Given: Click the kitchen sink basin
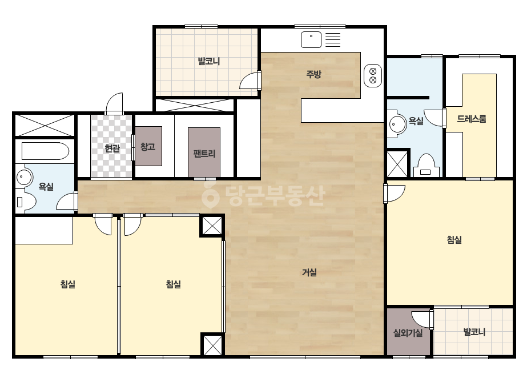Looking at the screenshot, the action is (311, 39).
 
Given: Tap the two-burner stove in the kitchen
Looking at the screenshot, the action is (373, 75).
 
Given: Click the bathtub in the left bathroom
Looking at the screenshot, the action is (45, 151).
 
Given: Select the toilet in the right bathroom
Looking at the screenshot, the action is (426, 165).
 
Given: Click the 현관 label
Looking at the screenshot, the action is (112, 148).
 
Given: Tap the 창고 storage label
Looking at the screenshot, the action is (148, 147).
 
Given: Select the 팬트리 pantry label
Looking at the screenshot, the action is (204, 154).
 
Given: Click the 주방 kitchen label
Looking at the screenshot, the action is (313, 74).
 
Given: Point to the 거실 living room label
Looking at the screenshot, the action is (309, 272).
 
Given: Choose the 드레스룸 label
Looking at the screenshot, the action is (471, 119).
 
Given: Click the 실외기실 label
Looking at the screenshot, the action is (408, 333).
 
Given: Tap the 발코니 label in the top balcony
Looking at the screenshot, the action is (209, 61).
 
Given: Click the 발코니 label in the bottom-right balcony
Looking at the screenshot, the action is (474, 332).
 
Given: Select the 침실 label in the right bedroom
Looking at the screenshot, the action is (454, 240).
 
